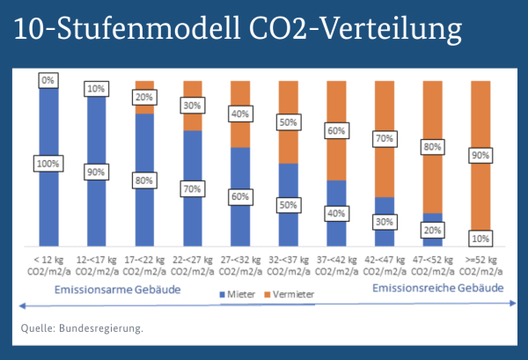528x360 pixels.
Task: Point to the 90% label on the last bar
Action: pos(480,155)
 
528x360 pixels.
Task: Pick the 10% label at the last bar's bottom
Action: pos(480,239)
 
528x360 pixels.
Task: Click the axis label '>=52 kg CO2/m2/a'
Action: pos(480,266)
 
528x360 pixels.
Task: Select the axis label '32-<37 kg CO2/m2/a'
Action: pos(288,266)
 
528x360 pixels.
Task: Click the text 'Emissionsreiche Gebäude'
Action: pos(437,288)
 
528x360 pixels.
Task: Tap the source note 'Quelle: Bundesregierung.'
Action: pos(82,328)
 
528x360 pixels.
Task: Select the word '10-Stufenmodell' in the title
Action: pos(139,29)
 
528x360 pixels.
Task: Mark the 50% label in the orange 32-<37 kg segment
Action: pos(288,122)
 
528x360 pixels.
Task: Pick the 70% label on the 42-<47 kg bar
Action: pos(385,138)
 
